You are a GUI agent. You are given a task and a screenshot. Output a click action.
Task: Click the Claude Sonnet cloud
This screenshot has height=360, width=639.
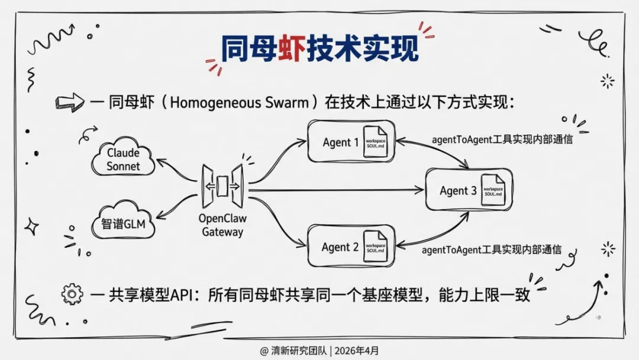[x=123, y=159]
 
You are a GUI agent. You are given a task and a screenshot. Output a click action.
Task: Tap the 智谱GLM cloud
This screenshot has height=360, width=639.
[x=123, y=224]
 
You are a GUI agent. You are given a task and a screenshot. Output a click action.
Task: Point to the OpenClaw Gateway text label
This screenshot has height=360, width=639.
[x=222, y=225]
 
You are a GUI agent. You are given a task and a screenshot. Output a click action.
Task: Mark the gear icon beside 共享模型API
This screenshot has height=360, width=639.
[x=72, y=294]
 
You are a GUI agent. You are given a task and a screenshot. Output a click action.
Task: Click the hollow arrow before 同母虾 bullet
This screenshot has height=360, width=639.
[x=69, y=103]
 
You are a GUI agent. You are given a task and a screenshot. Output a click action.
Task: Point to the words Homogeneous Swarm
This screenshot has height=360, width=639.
[x=239, y=102]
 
